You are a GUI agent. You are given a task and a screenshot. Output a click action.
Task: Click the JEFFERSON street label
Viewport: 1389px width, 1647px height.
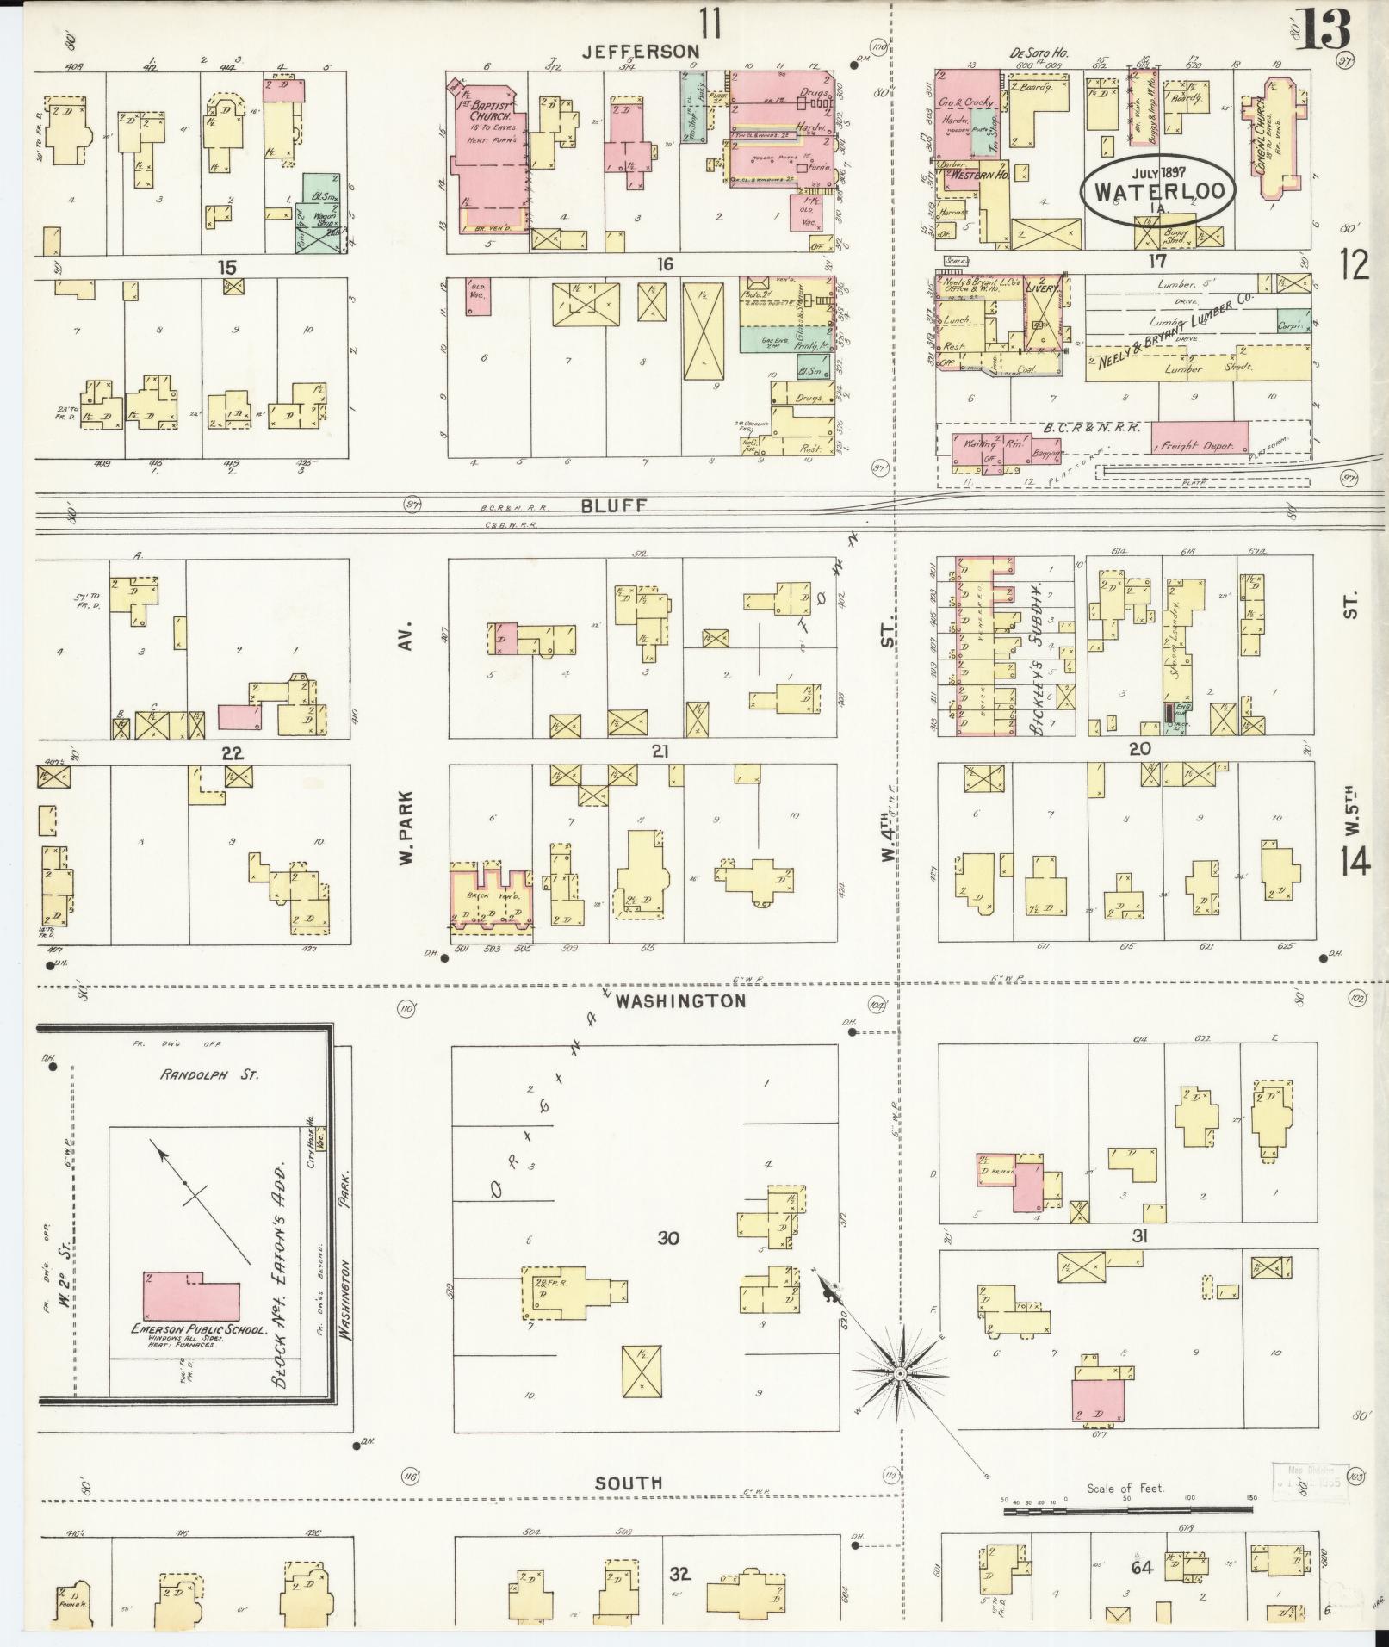[639, 53]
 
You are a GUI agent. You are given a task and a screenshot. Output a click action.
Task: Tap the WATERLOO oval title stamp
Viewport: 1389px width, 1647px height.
[1157, 190]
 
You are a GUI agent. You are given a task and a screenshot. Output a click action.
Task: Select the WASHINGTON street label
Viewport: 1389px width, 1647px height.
[680, 1001]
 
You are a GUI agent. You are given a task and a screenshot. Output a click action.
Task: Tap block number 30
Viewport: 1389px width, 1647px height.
[668, 1239]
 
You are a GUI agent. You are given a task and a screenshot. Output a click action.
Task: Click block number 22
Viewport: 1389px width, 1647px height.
[232, 753]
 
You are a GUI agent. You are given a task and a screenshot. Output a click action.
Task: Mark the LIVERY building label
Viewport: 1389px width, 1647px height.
[1042, 290]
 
